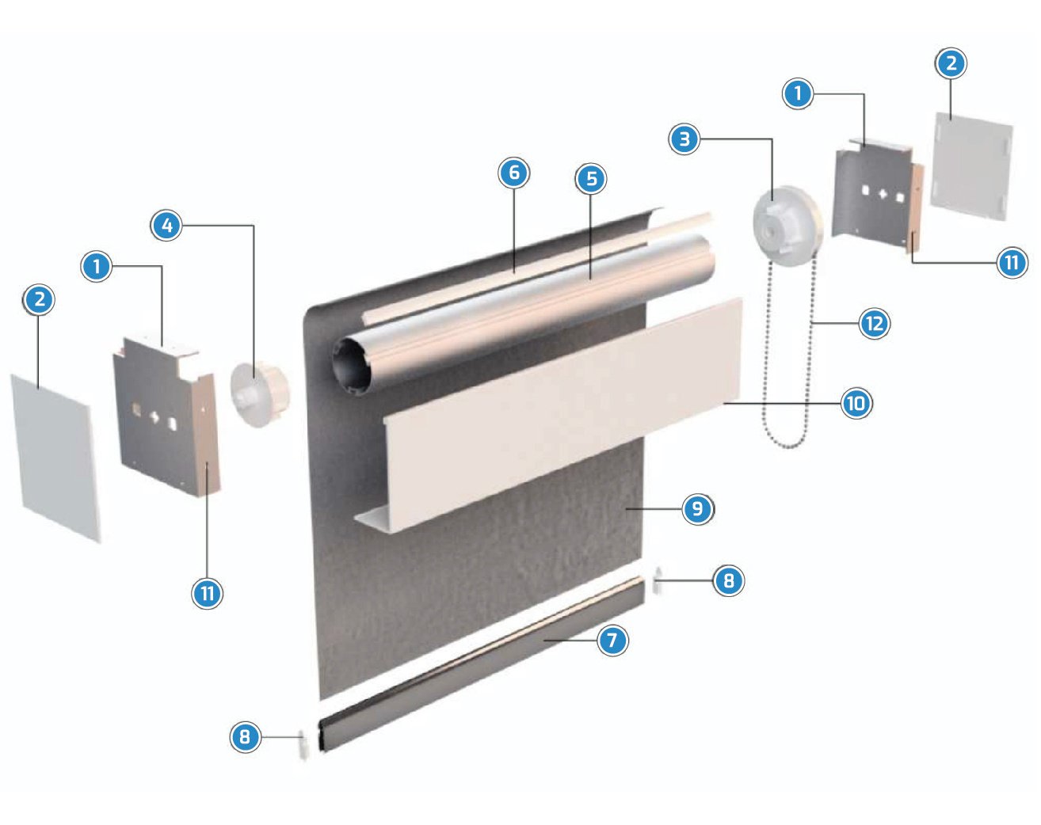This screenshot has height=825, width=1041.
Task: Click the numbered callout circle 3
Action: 684,139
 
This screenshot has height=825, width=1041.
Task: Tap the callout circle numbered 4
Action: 166,226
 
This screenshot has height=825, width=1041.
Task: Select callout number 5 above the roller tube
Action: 591,179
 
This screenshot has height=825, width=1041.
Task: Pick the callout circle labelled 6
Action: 513,173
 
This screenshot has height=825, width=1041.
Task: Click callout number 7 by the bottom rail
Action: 613,641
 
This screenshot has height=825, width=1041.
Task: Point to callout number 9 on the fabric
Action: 697,509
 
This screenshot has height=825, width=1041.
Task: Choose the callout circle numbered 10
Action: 856,403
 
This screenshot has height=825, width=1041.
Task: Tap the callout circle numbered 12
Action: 875,323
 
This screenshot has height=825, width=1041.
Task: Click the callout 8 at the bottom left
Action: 246,737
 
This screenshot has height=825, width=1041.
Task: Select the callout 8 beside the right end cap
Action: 729,580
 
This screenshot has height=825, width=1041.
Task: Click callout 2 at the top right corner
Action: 951,63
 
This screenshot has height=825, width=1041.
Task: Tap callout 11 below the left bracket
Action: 208,593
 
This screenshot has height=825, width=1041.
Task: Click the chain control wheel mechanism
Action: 787,226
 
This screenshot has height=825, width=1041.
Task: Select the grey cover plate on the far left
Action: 55,457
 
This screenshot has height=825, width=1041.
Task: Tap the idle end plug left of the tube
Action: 260,394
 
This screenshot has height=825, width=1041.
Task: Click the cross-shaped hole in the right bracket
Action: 883,195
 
